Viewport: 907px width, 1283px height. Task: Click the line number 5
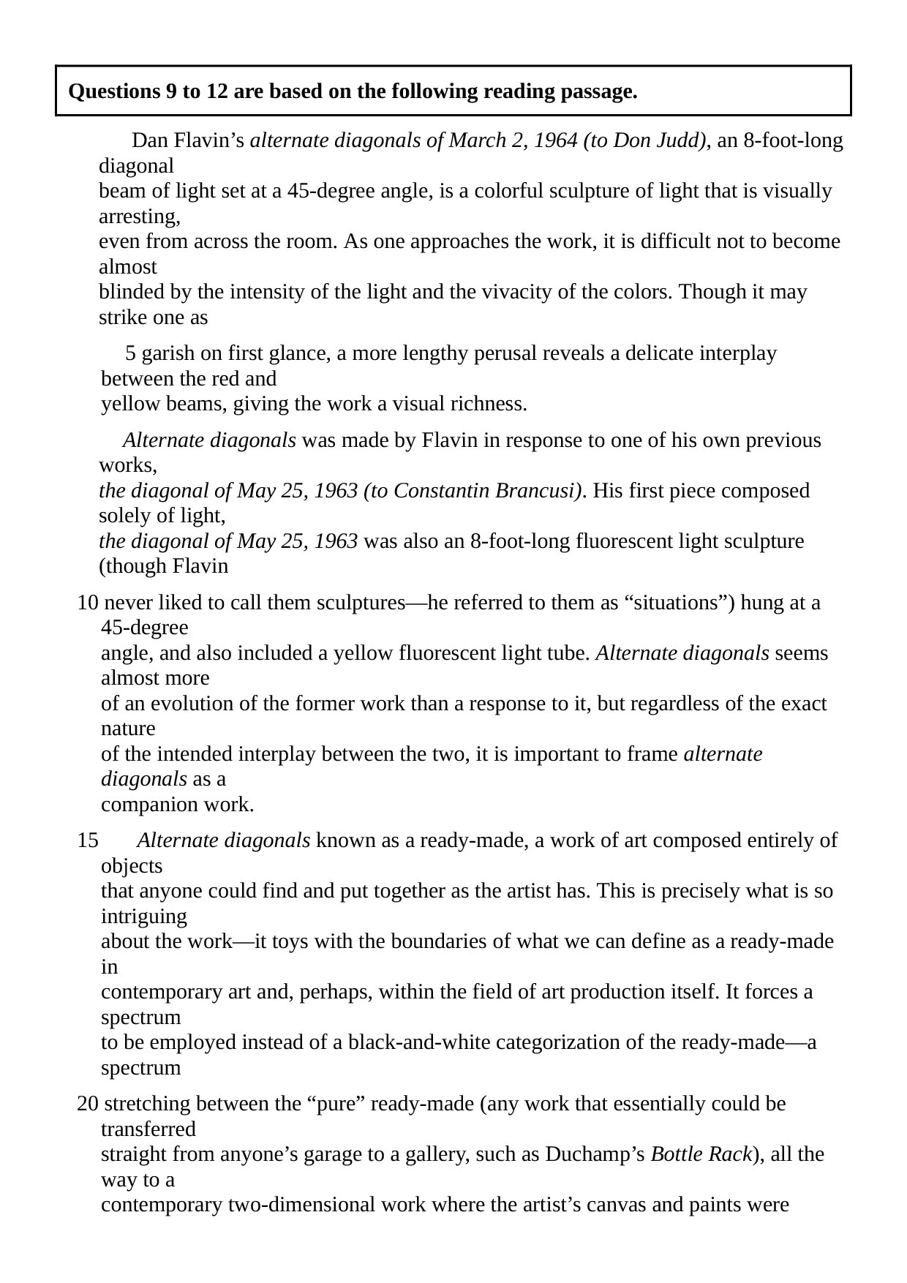point(130,353)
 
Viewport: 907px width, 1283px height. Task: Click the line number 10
point(87,603)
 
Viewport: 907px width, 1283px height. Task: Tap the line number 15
point(87,840)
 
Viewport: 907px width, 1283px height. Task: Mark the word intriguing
point(143,917)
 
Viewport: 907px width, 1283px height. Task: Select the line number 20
point(87,1103)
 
